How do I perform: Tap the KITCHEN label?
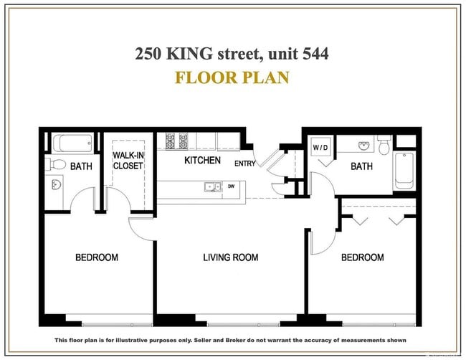(202, 160)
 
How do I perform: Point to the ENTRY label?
(244, 164)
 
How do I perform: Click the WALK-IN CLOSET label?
(128, 161)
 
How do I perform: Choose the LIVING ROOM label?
(230, 257)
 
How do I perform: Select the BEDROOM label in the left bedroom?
(97, 257)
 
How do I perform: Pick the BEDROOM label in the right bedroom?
(362, 257)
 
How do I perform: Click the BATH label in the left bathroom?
(81, 166)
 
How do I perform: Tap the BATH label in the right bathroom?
(361, 166)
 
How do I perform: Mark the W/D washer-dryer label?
(320, 148)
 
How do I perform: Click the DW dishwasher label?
(231, 187)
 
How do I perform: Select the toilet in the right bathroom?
(384, 146)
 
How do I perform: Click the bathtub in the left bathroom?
(71, 143)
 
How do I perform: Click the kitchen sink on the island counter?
(212, 188)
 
